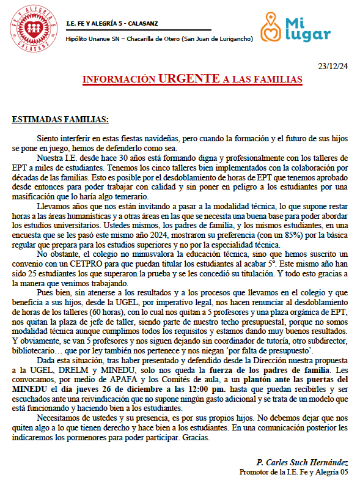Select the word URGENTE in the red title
pyautogui.click(x=189, y=79)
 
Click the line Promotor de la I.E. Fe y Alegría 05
pyautogui.click(x=293, y=471)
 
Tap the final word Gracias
pyautogui.click(x=197, y=438)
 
